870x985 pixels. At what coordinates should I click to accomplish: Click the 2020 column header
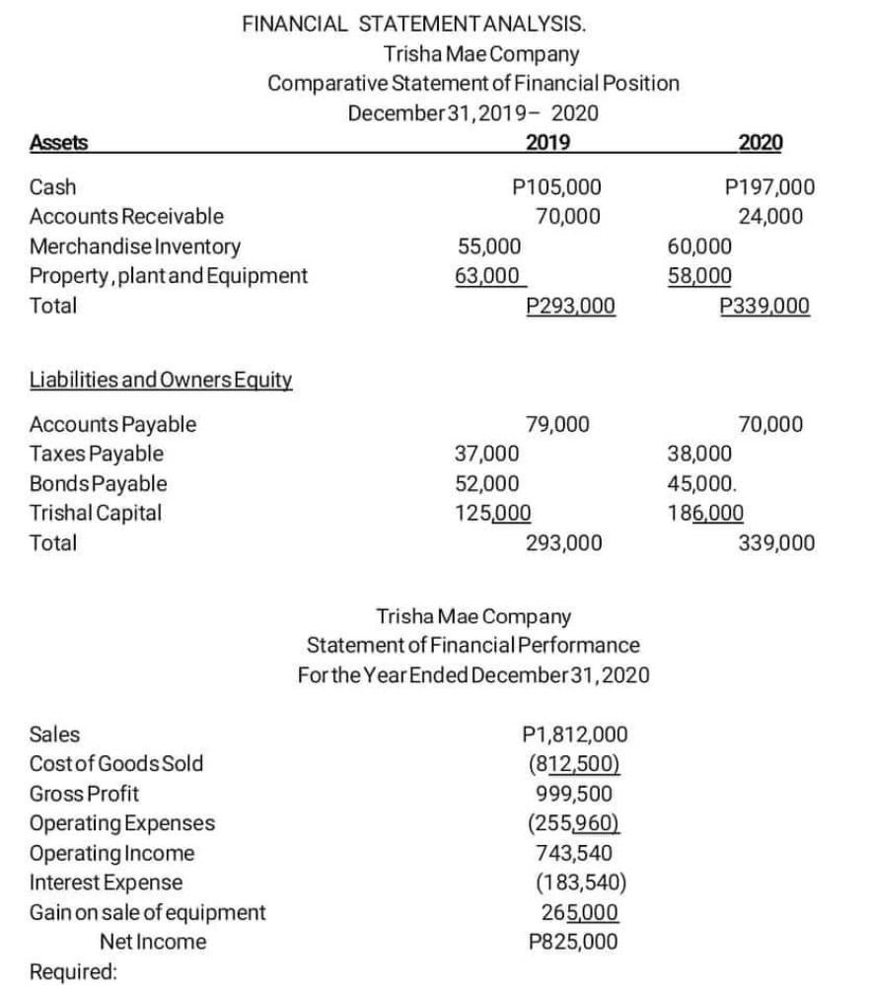click(x=760, y=143)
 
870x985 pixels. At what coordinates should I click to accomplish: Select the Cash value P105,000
click(x=565, y=187)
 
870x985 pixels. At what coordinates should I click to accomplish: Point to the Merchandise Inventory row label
click(x=135, y=246)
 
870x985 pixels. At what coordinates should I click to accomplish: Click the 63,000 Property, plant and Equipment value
click(x=487, y=275)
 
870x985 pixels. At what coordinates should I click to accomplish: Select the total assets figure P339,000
click(x=764, y=306)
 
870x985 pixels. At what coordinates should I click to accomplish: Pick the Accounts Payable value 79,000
click(x=557, y=425)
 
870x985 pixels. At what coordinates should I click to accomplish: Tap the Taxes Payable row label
click(x=97, y=455)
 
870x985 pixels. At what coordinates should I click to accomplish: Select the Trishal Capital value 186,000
click(x=706, y=513)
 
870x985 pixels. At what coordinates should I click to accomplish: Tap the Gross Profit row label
click(x=85, y=793)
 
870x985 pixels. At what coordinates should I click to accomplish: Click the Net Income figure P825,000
click(x=573, y=941)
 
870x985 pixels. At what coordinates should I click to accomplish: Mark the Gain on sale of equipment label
click(x=148, y=912)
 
